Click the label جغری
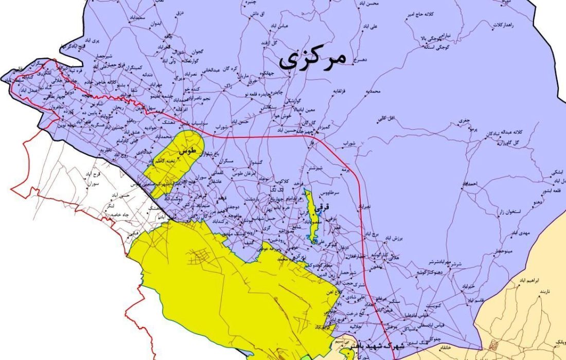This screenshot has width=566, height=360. point(465,120)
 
